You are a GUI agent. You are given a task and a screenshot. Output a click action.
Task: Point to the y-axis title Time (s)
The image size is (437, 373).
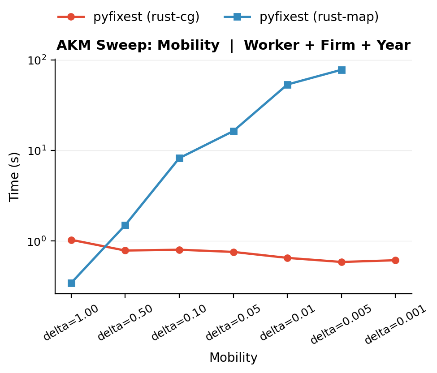pos(15,177)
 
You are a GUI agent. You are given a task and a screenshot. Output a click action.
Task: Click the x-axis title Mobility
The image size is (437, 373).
pos(233,358)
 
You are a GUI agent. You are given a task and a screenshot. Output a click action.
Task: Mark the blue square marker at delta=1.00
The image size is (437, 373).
pos(71,283)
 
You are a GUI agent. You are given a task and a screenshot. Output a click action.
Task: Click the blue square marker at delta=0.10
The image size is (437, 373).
pos(179,158)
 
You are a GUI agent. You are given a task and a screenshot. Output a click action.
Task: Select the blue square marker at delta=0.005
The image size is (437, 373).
pos(342,70)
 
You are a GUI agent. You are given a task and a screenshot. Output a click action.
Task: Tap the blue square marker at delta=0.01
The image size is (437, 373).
pos(287,85)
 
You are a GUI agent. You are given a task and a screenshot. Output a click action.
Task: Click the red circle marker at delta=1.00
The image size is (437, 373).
pos(71,240)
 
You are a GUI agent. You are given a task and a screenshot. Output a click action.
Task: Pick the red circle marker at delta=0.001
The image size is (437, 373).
pos(395,260)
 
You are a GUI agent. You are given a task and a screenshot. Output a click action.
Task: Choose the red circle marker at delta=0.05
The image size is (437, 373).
pos(234,252)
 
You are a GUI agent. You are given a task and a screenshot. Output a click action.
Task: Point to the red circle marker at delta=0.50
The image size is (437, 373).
pos(125,250)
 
